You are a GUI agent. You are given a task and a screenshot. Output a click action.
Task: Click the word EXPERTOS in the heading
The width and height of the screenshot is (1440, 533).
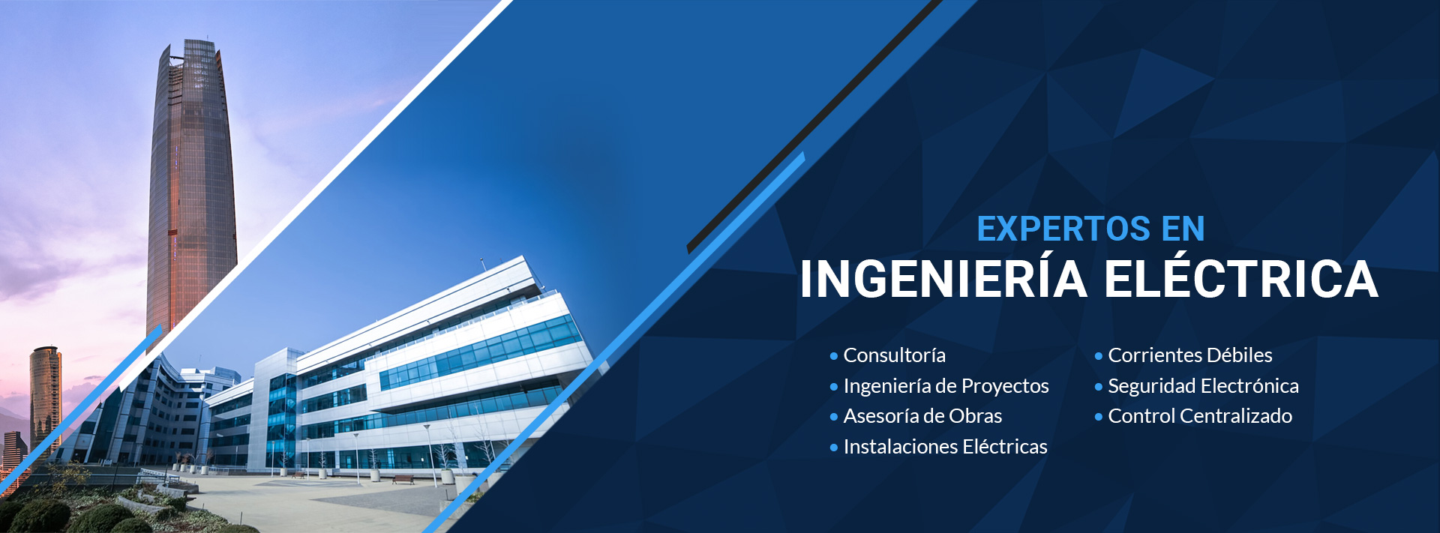coord(1063,229)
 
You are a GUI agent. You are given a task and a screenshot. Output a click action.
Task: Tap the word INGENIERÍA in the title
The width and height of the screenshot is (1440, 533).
coord(943,278)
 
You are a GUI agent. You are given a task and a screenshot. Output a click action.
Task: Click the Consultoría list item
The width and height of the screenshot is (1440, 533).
coord(894,355)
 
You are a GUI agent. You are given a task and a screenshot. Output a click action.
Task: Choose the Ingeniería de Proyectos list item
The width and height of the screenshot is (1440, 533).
coord(946,386)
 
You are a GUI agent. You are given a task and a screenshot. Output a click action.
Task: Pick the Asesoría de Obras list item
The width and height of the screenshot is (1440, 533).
coord(922,416)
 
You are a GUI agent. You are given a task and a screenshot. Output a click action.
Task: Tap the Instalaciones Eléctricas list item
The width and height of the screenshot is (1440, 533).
coord(945,447)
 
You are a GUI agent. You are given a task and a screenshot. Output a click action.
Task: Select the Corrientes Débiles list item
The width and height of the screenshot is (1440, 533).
coord(1190,355)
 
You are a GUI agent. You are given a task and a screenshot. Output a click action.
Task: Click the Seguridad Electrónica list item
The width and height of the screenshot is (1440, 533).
coord(1203,386)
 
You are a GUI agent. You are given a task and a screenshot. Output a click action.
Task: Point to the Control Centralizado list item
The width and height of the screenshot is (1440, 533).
coord(1200,416)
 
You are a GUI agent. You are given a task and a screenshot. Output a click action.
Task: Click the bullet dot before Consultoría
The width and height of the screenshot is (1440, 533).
coord(834,356)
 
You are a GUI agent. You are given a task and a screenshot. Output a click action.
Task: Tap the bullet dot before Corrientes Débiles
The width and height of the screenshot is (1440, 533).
coord(1099,356)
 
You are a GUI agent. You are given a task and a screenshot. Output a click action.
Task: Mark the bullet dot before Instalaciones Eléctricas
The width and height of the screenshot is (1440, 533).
coord(834,448)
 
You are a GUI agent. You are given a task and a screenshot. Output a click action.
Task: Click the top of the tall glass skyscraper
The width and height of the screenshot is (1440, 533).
coord(196,43)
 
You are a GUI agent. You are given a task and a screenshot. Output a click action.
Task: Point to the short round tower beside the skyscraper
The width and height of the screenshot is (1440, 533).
coord(45,397)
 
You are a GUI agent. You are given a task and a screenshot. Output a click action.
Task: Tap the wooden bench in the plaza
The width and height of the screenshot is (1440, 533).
coord(403,479)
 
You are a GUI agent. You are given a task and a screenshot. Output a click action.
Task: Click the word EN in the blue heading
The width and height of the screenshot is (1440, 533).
coord(1183,229)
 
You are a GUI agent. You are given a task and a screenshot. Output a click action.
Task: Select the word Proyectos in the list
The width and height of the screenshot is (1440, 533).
coord(1005,387)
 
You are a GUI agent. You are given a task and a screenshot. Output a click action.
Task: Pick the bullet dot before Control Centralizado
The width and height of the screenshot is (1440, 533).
coord(1099,417)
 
